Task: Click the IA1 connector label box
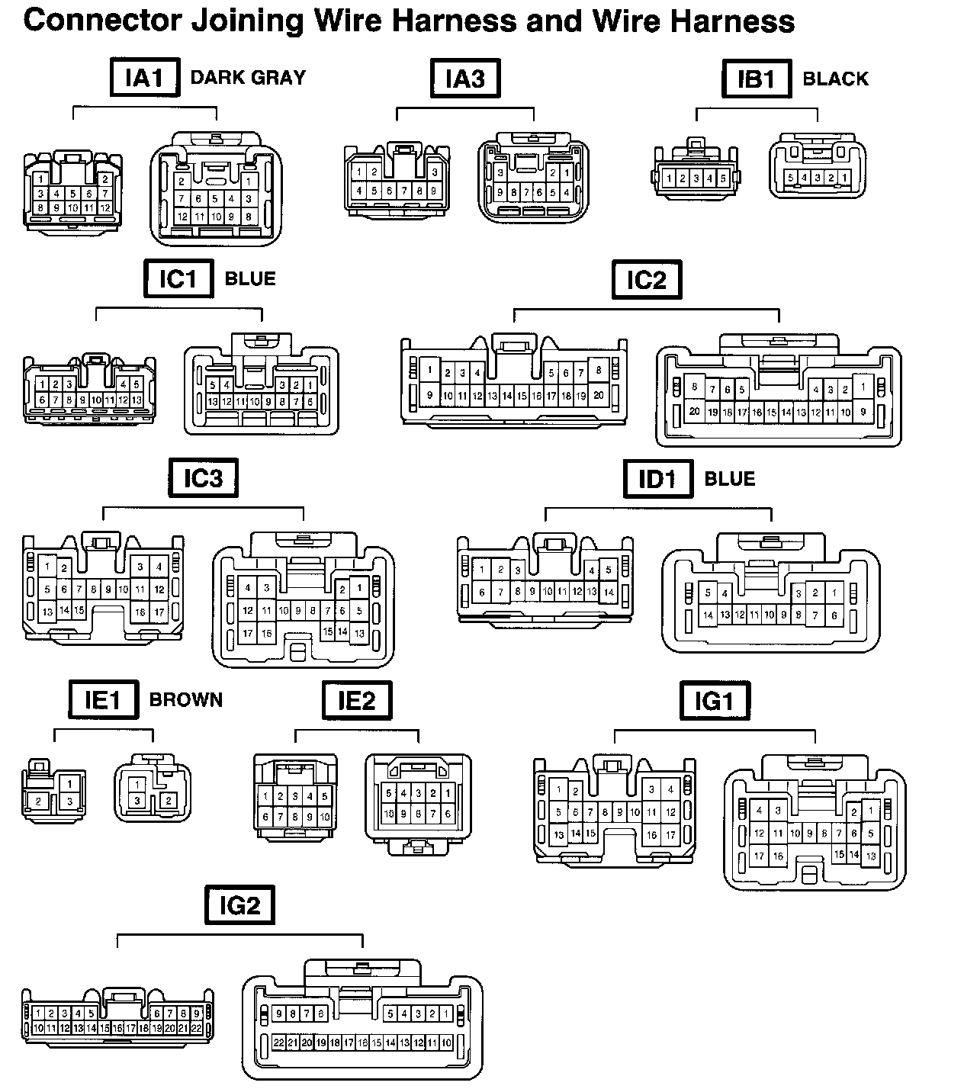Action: click(x=145, y=78)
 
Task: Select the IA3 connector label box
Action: click(x=465, y=78)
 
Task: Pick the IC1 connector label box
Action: click(x=178, y=279)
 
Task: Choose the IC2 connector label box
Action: click(x=647, y=280)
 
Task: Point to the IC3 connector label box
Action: click(x=203, y=478)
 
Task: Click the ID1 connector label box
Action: click(x=657, y=480)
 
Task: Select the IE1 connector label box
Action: click(x=103, y=700)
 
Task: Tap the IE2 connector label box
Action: click(x=357, y=700)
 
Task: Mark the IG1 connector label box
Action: click(x=714, y=700)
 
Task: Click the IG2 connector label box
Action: click(x=239, y=905)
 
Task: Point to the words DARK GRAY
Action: click(x=248, y=78)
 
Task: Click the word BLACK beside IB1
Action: click(x=836, y=79)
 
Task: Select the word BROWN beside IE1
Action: click(x=186, y=700)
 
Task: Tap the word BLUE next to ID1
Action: click(x=730, y=479)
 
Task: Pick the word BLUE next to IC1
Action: click(x=250, y=278)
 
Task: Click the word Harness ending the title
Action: click(x=733, y=21)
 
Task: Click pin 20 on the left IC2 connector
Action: click(x=599, y=396)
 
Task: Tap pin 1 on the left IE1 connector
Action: click(x=69, y=783)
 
